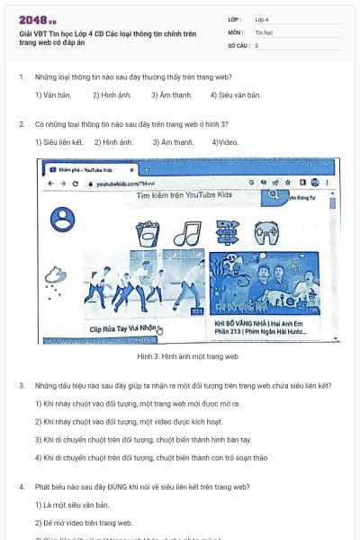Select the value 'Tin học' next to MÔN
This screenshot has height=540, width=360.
click(x=264, y=31)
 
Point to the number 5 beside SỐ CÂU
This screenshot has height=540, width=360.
click(x=257, y=44)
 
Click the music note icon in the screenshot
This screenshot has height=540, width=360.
click(x=185, y=234)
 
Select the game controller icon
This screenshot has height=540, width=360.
click(x=266, y=234)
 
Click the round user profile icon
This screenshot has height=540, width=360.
click(x=62, y=217)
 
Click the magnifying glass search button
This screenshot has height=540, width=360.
click(x=274, y=193)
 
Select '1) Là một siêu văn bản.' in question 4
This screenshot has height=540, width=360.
click(x=72, y=505)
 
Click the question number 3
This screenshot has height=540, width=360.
click(x=22, y=386)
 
